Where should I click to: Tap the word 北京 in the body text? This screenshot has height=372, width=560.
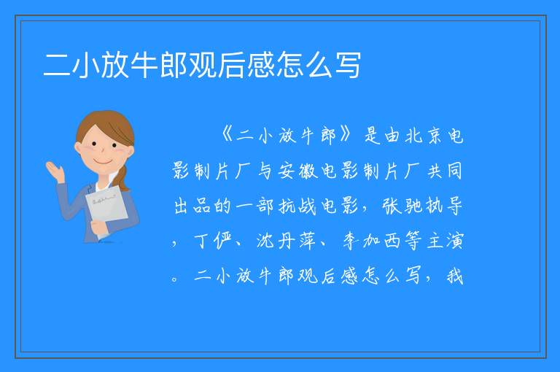(x=424, y=136)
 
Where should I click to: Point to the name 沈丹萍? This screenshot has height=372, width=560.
(x=286, y=241)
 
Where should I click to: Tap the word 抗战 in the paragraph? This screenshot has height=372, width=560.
(x=297, y=206)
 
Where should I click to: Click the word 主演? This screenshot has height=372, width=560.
(x=445, y=241)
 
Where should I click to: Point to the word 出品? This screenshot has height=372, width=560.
(x=192, y=206)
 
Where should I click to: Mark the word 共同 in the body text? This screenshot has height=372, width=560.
(x=445, y=171)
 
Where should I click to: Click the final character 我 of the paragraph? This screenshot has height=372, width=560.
(x=455, y=276)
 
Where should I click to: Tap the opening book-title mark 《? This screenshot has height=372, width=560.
(x=227, y=136)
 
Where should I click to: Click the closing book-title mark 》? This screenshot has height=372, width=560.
(x=346, y=136)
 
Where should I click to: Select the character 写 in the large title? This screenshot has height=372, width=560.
(x=348, y=65)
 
